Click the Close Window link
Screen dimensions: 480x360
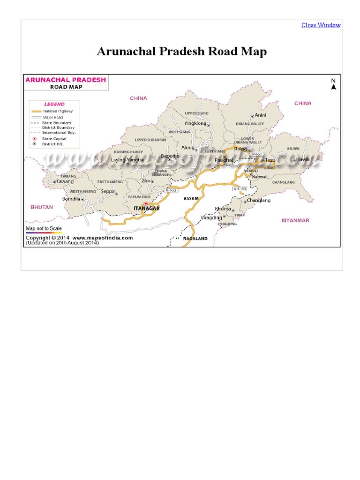pyautogui.click(x=321, y=25)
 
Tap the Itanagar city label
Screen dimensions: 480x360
pyautogui.click(x=147, y=209)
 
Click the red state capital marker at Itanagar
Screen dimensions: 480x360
pyautogui.click(x=145, y=203)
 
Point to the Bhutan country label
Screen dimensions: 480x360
pyautogui.click(x=42, y=207)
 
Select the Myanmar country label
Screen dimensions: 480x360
pyautogui.click(x=295, y=220)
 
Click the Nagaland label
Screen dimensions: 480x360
pyautogui.click(x=195, y=239)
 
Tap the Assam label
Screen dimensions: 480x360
pyautogui.click(x=191, y=199)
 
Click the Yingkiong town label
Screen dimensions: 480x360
pyautogui.click(x=195, y=123)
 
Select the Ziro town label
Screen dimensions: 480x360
pyautogui.click(x=146, y=180)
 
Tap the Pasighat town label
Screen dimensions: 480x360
pyautogui.click(x=224, y=160)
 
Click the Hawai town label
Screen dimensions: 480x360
pyautogui.click(x=303, y=160)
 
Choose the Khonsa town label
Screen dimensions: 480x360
pyautogui.click(x=223, y=209)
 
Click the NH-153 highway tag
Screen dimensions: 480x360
pyautogui.click(x=240, y=189)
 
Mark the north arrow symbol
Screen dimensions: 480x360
pyautogui.click(x=334, y=84)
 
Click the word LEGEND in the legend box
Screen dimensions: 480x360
pyautogui.click(x=54, y=104)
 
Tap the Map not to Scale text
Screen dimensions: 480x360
pyautogui.click(x=44, y=228)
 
